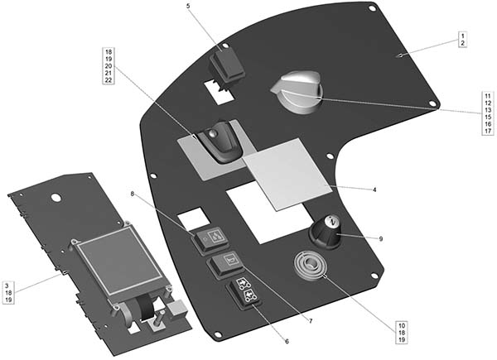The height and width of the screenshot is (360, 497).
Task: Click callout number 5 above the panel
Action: (189, 6)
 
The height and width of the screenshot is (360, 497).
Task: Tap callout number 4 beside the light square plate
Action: (374, 190)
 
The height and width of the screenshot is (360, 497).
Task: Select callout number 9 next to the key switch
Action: (381, 238)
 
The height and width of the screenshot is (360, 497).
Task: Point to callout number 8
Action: (133, 194)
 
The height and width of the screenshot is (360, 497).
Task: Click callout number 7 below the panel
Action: (311, 321)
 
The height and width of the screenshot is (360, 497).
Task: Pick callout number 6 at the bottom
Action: (287, 342)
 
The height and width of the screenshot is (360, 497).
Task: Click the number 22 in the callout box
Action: (109, 79)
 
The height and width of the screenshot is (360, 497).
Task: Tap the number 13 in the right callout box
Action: (488, 110)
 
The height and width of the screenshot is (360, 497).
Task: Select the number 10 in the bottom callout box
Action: (402, 325)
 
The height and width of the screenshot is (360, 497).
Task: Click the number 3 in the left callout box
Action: (8, 286)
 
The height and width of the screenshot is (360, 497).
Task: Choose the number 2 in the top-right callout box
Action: (463, 43)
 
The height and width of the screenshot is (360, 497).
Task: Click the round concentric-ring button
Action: (310, 266)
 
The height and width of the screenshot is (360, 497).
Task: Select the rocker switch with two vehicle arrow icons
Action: (244, 293)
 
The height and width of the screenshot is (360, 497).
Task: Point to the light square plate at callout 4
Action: (287, 174)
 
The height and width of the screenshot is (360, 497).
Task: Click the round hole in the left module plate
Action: (56, 197)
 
